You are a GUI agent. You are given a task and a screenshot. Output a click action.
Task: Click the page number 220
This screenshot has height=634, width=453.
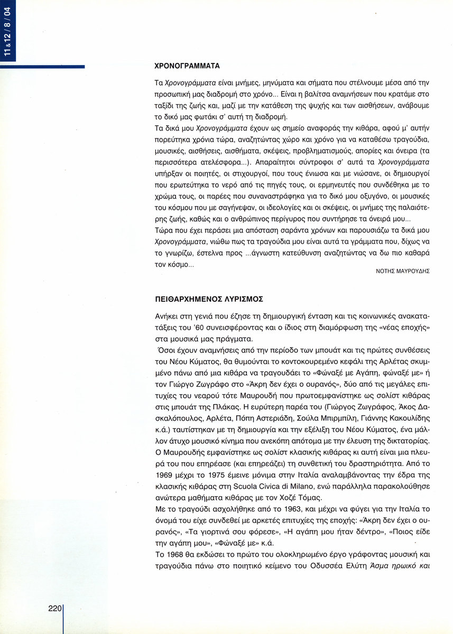tap(55, 608)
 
